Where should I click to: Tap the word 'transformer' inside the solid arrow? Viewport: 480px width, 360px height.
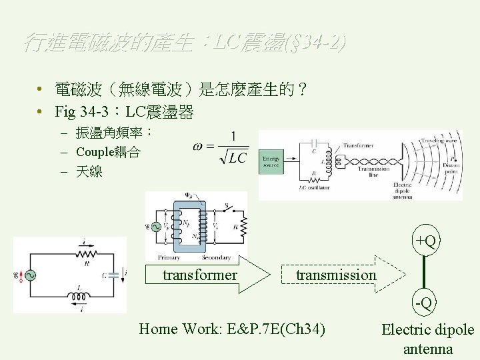200,275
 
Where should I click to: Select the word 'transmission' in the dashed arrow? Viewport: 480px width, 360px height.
336,275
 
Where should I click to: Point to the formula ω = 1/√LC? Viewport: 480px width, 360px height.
220,148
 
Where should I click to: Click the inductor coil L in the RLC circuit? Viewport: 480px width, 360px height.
80,296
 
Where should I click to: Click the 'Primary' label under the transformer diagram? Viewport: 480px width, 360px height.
169,257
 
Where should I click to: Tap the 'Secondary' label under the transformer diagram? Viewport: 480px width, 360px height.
215,257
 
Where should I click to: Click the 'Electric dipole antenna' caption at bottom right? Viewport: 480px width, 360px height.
427,339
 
